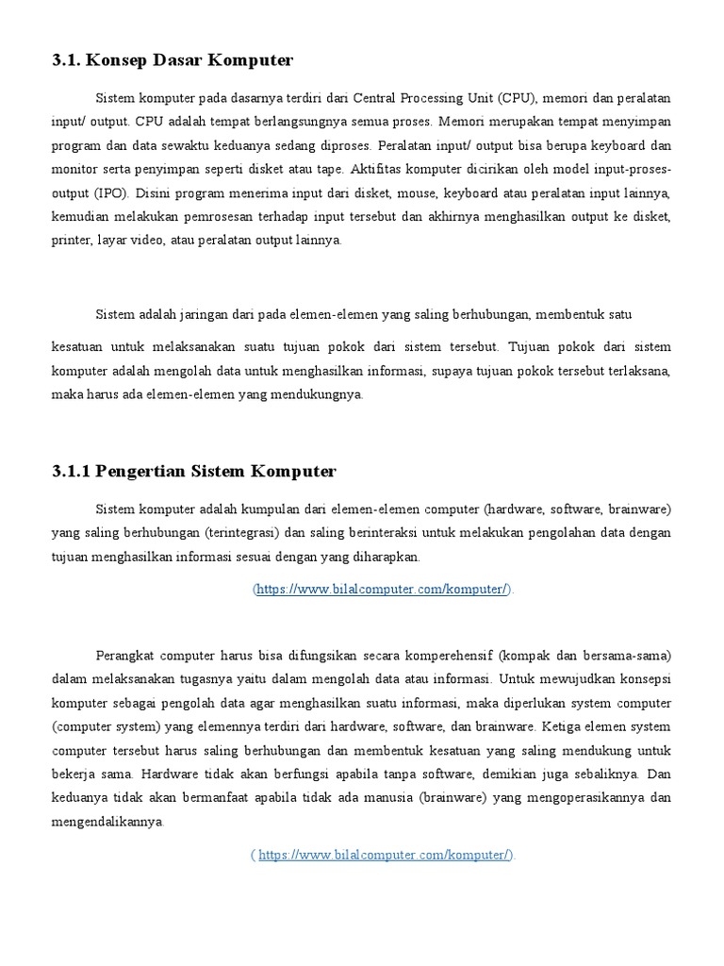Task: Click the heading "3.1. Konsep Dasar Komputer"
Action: coord(173,61)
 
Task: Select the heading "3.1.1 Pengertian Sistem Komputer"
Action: coord(194,471)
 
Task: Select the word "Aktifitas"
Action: coord(375,170)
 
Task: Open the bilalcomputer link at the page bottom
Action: coord(386,856)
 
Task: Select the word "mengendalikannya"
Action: coord(106,822)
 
